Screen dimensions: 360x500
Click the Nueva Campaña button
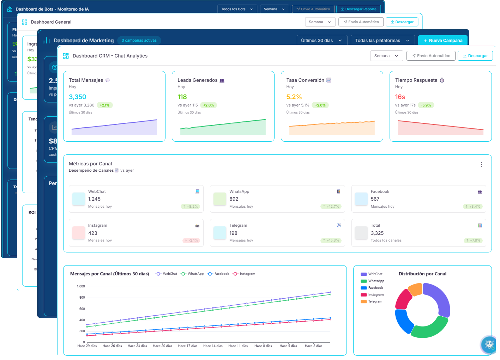[443, 41]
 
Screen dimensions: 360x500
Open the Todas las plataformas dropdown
[382, 41]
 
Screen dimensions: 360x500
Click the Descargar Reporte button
[359, 9]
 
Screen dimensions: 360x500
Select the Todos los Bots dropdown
[236, 9]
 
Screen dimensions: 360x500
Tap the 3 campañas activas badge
[139, 41]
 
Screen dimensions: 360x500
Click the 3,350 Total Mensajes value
[78, 97]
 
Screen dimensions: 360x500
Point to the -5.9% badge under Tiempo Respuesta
[426, 105]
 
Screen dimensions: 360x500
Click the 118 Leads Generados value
[182, 97]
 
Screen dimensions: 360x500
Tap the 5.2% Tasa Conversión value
[294, 97]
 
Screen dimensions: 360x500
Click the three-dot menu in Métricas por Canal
[481, 164]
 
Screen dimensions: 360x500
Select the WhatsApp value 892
[234, 199]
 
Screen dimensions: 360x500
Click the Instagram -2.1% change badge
[191, 240]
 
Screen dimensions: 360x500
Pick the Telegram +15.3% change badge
[331, 240]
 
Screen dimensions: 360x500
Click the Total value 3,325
[377, 233]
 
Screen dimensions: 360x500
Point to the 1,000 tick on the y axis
[81, 286]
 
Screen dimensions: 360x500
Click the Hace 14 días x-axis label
[213, 346]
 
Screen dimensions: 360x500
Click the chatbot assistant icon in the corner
[489, 344]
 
